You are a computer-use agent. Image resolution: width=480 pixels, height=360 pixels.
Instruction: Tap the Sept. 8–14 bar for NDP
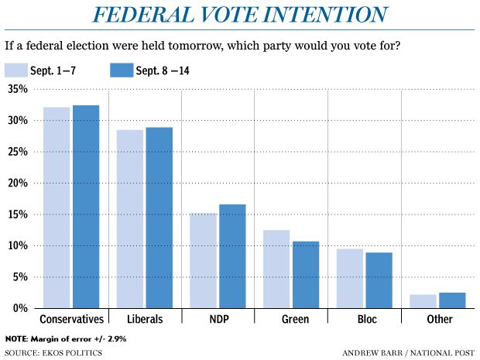[232, 256]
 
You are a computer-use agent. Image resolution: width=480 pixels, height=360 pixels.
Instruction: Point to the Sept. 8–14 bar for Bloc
[379, 280]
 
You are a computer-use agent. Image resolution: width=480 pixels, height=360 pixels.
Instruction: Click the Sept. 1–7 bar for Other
[423, 301]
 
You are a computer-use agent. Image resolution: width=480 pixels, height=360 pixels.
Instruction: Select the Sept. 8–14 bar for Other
[453, 300]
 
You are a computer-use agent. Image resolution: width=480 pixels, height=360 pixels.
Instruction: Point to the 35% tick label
[17, 90]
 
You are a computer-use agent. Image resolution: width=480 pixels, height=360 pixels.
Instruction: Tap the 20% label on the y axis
[17, 183]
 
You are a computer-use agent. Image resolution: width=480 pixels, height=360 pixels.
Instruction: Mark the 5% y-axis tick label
[19, 277]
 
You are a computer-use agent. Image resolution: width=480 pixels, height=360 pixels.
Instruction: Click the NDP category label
[218, 318]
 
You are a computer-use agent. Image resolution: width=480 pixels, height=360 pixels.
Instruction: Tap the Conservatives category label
[71, 318]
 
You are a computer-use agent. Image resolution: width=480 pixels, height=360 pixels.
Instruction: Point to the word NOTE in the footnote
[15, 339]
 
